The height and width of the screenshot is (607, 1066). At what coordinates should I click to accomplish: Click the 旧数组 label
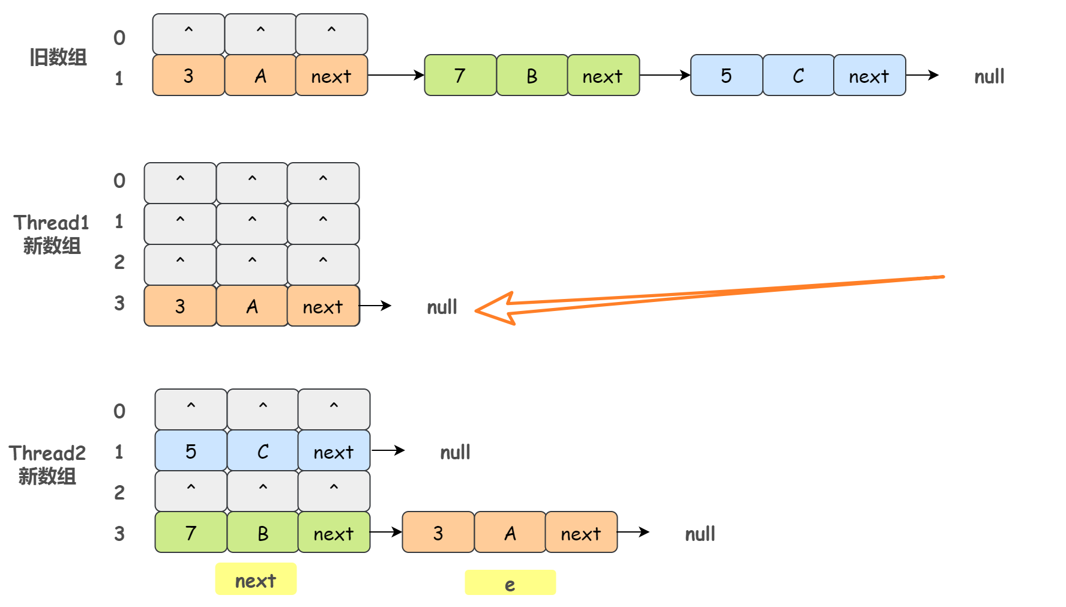pyautogui.click(x=58, y=58)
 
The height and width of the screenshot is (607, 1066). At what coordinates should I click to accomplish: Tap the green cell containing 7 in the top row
pyautogui.click(x=460, y=76)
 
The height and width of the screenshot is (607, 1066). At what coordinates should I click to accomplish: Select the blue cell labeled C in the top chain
pyautogui.click(x=798, y=76)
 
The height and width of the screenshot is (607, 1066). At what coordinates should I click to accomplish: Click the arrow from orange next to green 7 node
pyautogui.click(x=396, y=75)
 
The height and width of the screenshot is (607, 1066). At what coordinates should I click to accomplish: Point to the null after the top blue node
pyautogui.click(x=989, y=77)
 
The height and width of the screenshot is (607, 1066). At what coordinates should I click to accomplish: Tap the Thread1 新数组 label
pyautogui.click(x=51, y=234)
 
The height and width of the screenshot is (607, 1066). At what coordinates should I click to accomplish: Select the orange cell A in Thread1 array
pyautogui.click(x=252, y=306)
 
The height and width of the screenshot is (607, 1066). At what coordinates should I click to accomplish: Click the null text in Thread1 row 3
pyautogui.click(x=442, y=307)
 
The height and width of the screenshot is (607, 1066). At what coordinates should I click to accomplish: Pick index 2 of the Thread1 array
pyautogui.click(x=119, y=262)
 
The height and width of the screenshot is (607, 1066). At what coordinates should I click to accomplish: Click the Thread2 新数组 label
pyautogui.click(x=47, y=465)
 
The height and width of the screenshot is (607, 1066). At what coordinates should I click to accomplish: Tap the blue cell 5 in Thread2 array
pyautogui.click(x=191, y=451)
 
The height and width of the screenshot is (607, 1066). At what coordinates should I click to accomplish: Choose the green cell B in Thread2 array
pyautogui.click(x=263, y=533)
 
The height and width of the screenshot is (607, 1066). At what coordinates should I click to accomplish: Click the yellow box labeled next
pyautogui.click(x=256, y=580)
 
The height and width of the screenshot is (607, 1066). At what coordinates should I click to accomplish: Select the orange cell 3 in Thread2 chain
pyautogui.click(x=438, y=533)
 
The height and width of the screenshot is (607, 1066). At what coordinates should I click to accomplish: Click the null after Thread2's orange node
pyautogui.click(x=700, y=534)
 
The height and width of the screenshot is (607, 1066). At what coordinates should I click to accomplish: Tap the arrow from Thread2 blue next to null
pyautogui.click(x=388, y=450)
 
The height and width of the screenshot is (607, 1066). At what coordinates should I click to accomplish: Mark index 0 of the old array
pyautogui.click(x=119, y=38)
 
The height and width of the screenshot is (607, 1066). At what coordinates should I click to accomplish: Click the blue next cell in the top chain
pyautogui.click(x=869, y=76)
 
